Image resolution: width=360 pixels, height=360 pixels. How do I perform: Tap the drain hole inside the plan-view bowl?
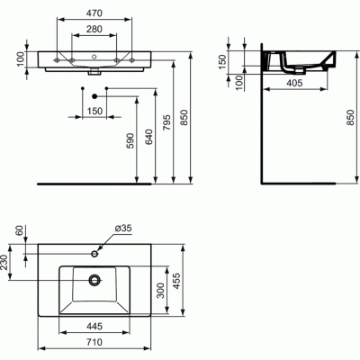(x=93, y=279)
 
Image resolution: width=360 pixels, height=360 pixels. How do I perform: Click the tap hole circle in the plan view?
(x=94, y=254)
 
